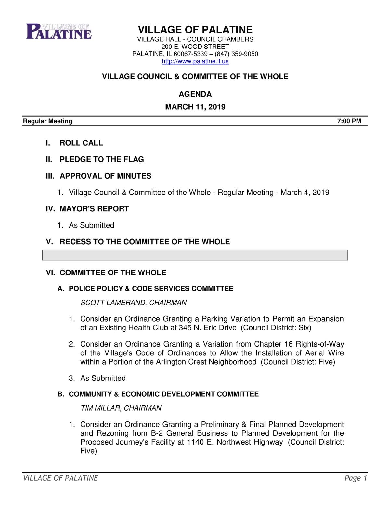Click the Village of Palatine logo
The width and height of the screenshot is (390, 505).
pyautogui.click(x=59, y=32)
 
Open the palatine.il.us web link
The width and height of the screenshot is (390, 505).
pyautogui.click(x=195, y=61)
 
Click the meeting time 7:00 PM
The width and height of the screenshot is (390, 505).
pyautogui.click(x=349, y=121)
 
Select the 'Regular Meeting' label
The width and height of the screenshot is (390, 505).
pyautogui.click(x=47, y=121)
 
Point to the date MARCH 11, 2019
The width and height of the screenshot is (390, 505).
pyautogui.click(x=195, y=107)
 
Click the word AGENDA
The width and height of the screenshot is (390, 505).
pyautogui.click(x=195, y=94)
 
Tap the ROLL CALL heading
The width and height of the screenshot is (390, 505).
pyautogui.click(x=81, y=143)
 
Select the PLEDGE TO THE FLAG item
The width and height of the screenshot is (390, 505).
pyautogui.click(x=101, y=159)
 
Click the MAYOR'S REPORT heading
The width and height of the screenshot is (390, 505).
pyautogui.click(x=94, y=209)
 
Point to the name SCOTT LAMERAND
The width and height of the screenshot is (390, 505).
pyautogui.click(x=113, y=303)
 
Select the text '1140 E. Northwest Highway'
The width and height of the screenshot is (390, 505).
pyautogui.click(x=235, y=442)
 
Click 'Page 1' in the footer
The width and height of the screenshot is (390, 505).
pyautogui.click(x=356, y=478)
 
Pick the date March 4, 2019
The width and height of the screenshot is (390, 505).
pyautogui.click(x=305, y=193)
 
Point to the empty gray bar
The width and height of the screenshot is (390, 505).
pyautogui.click(x=195, y=255)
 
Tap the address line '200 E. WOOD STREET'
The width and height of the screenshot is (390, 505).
pyautogui.click(x=195, y=47)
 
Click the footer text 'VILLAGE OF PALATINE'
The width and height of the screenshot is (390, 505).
pyautogui.click(x=60, y=478)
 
